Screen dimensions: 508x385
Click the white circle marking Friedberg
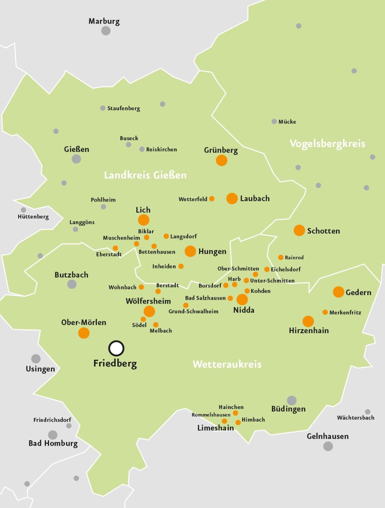[116, 348]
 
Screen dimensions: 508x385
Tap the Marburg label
[104, 21]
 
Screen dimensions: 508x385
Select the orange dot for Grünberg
[222, 160]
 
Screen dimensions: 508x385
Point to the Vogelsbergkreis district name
[327, 144]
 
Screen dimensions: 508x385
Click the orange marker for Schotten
[299, 230]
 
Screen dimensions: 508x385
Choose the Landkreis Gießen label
[145, 175]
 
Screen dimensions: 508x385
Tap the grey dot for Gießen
[76, 159]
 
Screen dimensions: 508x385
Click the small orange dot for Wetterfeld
[212, 199]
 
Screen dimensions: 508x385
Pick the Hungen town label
[212, 251]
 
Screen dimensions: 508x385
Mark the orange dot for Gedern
[338, 292]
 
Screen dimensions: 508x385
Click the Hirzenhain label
[309, 331]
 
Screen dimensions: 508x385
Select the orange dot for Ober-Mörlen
[84, 333]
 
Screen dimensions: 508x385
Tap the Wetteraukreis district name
[227, 364]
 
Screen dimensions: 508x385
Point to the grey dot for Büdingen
[291, 400]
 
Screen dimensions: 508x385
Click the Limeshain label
[216, 428]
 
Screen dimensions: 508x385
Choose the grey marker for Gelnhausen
[328, 446]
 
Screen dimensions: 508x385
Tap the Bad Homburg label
[53, 444]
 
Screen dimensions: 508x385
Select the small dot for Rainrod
[280, 257]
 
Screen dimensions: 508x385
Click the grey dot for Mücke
[274, 121]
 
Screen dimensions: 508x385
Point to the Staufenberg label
[123, 108]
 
